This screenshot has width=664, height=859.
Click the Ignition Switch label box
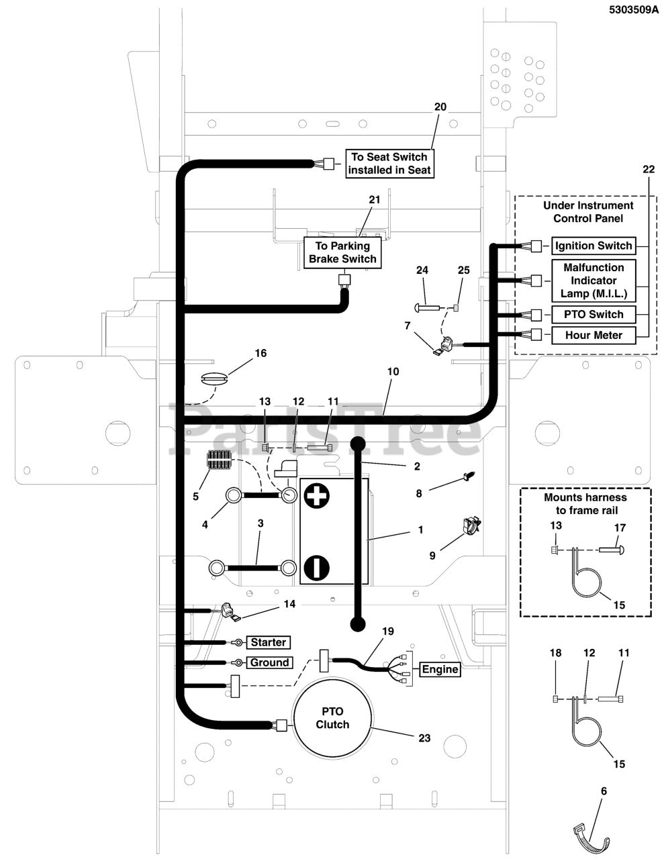[593, 246]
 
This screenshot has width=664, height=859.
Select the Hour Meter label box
[593, 335]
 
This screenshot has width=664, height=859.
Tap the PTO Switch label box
[593, 314]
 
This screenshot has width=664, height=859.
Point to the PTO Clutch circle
[332, 718]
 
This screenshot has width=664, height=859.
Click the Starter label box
[269, 642]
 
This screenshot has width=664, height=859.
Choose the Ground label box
[269, 662]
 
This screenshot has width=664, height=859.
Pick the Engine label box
[440, 669]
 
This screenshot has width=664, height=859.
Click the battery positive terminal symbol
[317, 497]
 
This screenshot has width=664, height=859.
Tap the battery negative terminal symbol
[317, 567]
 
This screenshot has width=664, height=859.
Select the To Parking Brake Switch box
[342, 252]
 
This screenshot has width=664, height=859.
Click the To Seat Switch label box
[389, 163]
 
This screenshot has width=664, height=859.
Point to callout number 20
[440, 107]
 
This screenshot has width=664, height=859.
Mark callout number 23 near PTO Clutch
[424, 738]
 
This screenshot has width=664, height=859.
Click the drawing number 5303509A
[633, 11]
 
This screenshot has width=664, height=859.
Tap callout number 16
[260, 352]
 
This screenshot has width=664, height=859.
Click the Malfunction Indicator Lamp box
[593, 281]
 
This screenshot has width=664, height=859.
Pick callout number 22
[648, 169]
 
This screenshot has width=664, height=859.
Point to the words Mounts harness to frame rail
[585, 504]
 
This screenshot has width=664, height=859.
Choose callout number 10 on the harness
[393, 371]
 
